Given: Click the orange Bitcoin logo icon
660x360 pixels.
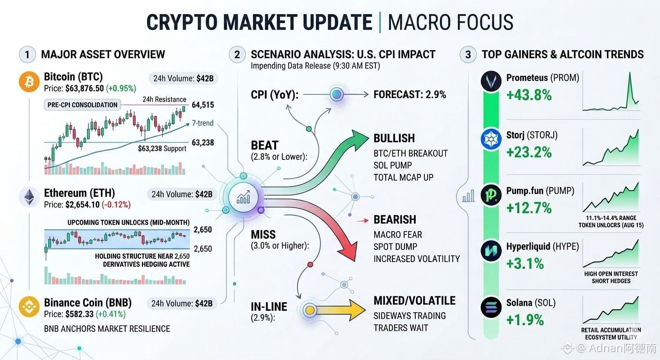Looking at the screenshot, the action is point(29,82).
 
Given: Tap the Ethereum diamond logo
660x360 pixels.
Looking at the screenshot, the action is point(29,197).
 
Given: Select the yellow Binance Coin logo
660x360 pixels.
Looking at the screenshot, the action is point(29,307).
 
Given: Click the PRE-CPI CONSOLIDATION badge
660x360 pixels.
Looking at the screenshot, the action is point(82,105).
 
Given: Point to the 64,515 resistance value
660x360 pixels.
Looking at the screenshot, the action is point(202,105).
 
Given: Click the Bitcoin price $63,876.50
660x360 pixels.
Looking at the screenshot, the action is point(84,89).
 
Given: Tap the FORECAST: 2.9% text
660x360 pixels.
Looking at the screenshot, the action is point(410,95).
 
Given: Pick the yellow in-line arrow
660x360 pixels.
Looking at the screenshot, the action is point(336,310).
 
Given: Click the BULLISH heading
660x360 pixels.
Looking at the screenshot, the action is point(394,138).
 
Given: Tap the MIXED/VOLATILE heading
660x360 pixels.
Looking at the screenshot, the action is point(414,301).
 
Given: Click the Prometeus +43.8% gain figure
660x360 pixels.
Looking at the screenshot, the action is point(529,95).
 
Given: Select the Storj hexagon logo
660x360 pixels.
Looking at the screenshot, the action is point(491,139).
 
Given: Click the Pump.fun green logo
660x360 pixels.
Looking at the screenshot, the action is point(491,195).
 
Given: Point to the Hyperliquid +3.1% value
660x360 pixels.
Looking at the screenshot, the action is point(525,263).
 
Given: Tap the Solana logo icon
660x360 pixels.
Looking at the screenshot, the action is point(491,307).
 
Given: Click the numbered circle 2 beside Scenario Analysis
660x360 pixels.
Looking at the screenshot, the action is point(237,54).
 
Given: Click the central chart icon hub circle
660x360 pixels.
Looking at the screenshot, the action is point(243,197).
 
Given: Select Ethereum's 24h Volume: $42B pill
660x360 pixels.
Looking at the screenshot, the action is point(182,195).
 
